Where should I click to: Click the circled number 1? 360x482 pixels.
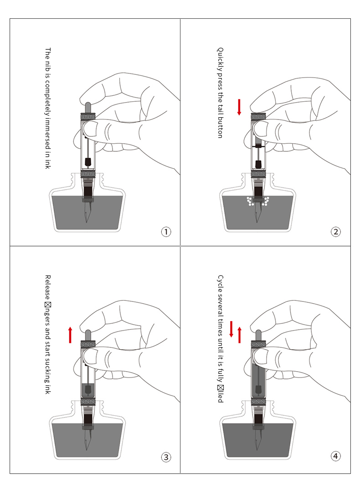[166, 232]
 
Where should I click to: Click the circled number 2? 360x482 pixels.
[335, 232]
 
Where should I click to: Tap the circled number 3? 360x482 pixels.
[166, 456]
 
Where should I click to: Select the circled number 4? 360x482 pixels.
[335, 456]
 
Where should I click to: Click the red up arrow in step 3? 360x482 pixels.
[70, 334]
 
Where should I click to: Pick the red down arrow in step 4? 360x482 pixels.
[231, 329]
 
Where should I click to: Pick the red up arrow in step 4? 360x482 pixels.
[239, 335]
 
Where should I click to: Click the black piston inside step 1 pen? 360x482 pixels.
[87, 162]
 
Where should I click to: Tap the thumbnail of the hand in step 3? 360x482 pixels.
[88, 356]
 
